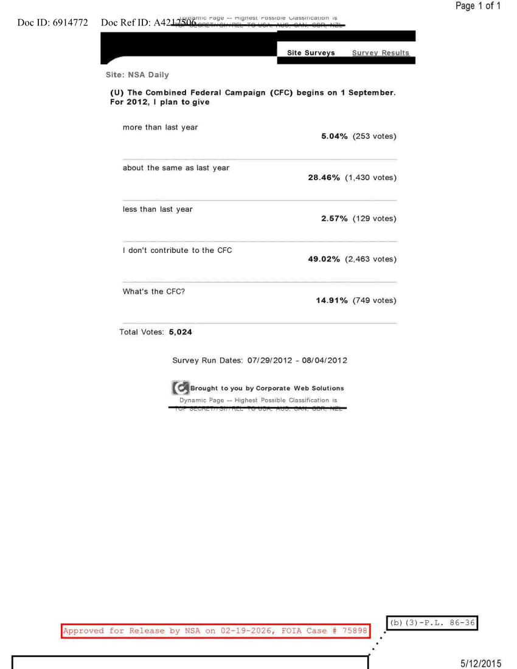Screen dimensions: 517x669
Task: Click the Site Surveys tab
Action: pos(311,53)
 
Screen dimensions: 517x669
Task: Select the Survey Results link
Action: pos(380,53)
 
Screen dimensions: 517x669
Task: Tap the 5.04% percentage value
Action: pos(334,136)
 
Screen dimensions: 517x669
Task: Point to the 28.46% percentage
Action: pos(325,178)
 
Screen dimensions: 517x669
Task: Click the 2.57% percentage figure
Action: pos(334,218)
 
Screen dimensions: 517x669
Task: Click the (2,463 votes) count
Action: pos(370,259)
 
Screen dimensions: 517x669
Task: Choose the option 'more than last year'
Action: pos(160,127)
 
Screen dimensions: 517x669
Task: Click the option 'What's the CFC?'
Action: pos(154,291)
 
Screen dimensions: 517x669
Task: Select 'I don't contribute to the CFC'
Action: pos(177,251)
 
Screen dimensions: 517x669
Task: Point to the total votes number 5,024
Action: pos(180,332)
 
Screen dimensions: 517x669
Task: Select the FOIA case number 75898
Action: pos(351,631)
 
